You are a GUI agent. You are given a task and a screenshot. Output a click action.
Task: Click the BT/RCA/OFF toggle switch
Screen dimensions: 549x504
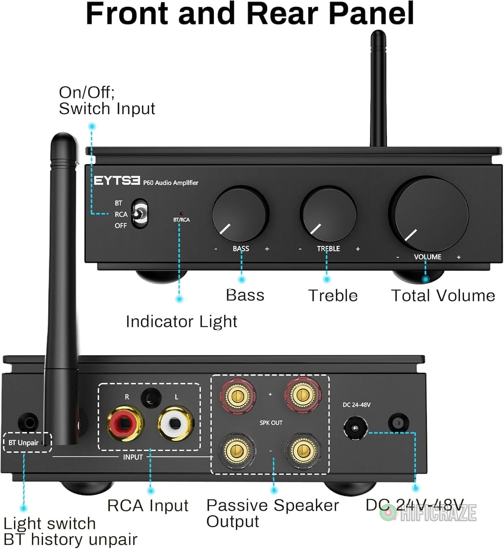point(139,214)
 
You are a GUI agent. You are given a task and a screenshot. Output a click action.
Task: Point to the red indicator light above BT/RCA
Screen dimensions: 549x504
point(182,213)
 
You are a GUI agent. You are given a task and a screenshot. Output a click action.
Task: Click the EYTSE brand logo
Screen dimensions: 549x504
point(117,181)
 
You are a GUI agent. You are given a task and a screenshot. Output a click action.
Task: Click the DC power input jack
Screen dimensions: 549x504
point(355,428)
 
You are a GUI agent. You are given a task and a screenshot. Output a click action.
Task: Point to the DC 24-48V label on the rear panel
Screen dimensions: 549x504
point(356,405)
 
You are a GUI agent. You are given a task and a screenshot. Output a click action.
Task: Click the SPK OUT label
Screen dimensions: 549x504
point(271,423)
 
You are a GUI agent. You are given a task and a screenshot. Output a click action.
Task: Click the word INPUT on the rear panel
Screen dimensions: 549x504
point(133,457)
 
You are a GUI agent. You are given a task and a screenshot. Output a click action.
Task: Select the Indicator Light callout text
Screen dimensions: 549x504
point(181,322)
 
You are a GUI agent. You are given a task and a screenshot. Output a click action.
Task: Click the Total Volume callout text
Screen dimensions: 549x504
point(443,296)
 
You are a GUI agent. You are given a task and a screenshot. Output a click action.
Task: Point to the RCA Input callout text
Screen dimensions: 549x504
point(148,506)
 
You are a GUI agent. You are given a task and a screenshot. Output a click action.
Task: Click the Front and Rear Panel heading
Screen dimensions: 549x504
point(250,13)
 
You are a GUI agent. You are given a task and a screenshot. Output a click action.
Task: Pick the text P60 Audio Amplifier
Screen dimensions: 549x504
point(171,183)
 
